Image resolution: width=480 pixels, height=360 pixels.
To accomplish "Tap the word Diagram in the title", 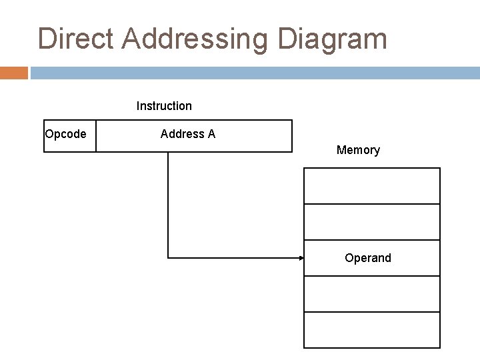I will click(341, 39).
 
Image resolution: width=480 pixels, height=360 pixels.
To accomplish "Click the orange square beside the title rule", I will click(13, 72).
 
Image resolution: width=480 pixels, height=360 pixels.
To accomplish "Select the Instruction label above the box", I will click(164, 105).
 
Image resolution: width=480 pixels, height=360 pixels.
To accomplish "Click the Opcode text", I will click(65, 134).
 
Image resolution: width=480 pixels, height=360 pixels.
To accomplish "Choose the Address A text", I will click(188, 134).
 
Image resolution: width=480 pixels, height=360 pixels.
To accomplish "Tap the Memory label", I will click(358, 150).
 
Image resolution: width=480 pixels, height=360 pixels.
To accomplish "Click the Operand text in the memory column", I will click(368, 257).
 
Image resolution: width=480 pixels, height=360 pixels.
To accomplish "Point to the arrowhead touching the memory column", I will click(299, 257).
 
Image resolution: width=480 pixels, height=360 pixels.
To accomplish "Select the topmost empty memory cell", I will click(372, 186).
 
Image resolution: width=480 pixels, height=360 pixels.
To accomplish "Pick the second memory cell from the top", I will click(372, 222).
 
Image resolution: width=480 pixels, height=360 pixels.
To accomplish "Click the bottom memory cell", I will click(372, 329).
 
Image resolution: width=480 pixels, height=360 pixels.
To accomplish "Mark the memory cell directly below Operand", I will click(372, 293).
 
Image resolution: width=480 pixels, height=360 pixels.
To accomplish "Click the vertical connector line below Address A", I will click(168, 200).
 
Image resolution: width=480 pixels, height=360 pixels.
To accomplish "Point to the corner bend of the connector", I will click(168, 257).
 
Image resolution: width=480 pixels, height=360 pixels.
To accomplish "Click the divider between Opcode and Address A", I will click(96, 136).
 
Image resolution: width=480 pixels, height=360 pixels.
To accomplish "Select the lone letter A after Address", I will click(211, 134).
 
